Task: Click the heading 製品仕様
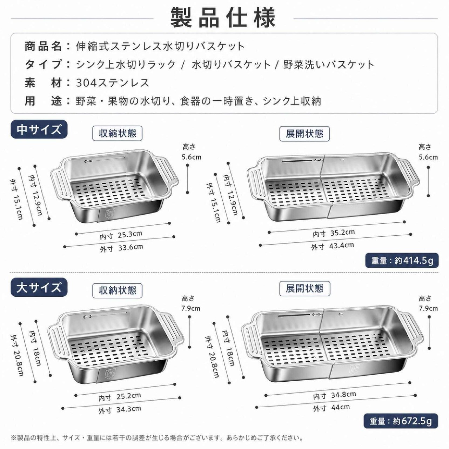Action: (x=223, y=18)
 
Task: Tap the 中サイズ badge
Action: (x=39, y=129)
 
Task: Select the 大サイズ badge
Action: (x=39, y=287)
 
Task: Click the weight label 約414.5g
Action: (x=402, y=260)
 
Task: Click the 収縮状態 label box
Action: (x=118, y=134)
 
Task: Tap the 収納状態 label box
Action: (x=118, y=290)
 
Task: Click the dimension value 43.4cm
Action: (x=341, y=245)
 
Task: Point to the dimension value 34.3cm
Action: (x=129, y=409)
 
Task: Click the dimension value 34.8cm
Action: (x=343, y=394)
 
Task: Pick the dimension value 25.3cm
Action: (x=130, y=234)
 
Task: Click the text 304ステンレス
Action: (x=112, y=83)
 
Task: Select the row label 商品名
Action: (x=43, y=46)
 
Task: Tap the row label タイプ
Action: (x=43, y=65)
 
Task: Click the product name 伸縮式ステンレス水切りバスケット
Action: (x=160, y=46)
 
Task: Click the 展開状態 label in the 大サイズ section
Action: (x=304, y=289)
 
